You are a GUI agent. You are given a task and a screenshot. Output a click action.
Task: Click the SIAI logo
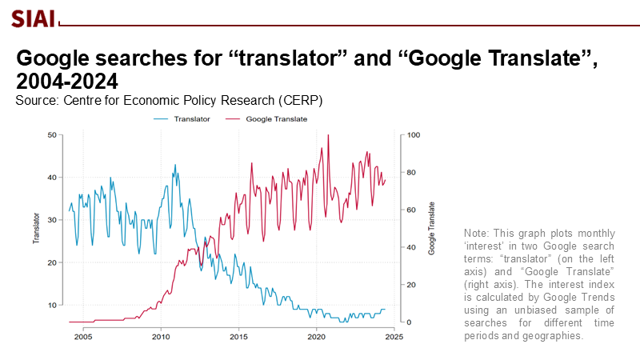pyautogui.click(x=32, y=16)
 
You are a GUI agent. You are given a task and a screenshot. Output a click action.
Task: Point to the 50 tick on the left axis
pyautogui.click(x=52, y=135)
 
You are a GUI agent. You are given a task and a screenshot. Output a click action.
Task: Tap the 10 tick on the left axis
pyautogui.click(x=52, y=305)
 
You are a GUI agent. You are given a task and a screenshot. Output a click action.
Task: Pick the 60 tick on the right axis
pyautogui.click(x=411, y=210)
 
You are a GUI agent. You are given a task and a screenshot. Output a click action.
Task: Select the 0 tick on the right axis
pyautogui.click(x=409, y=322)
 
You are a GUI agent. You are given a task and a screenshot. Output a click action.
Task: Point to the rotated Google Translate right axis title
pyautogui.click(x=431, y=228)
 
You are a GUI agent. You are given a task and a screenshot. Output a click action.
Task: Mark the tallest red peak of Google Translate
pyautogui.click(x=328, y=136)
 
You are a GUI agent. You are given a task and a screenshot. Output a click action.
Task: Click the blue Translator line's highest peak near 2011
pyautogui.click(x=175, y=166)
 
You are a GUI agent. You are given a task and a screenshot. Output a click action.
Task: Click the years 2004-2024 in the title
pyautogui.click(x=67, y=82)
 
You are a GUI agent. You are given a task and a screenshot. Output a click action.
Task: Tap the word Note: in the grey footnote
pyautogui.click(x=478, y=233)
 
